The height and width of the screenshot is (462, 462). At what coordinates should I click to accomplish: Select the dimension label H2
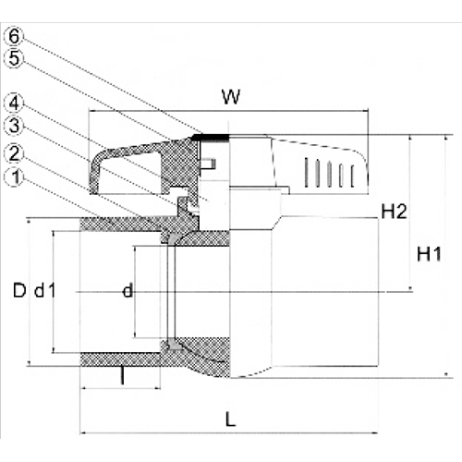pyautogui.click(x=395, y=213)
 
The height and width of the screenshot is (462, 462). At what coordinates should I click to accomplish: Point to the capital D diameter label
pyautogui.click(x=18, y=291)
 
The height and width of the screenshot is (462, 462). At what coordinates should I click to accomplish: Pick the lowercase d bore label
pyautogui.click(x=128, y=291)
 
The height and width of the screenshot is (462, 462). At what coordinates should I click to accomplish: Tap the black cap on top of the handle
pyautogui.click(x=213, y=138)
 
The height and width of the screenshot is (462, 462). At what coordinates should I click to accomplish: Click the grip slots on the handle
pyautogui.click(x=334, y=173)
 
